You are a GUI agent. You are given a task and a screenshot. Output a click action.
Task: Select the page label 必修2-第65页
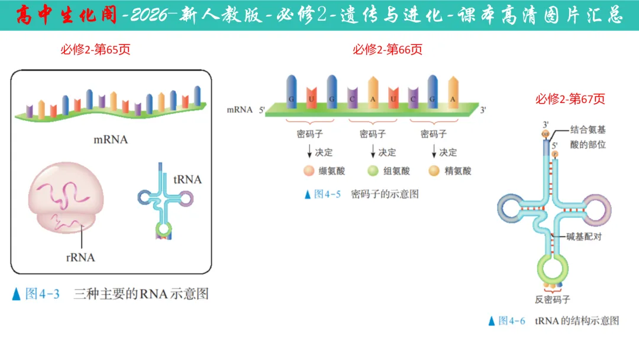[x=95, y=50]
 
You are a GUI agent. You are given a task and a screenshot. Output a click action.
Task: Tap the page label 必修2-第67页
[x=570, y=99]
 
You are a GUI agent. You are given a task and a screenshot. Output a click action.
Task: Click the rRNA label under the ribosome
[x=80, y=258]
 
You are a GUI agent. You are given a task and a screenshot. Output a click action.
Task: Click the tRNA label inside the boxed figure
[x=188, y=179]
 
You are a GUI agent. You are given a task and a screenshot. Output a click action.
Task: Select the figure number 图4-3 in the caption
[x=43, y=294]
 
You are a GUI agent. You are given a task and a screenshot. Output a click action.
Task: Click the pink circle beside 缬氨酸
[x=308, y=171]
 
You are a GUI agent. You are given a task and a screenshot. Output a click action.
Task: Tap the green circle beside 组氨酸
[x=373, y=171]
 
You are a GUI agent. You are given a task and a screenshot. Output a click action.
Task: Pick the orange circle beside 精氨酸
[x=434, y=171]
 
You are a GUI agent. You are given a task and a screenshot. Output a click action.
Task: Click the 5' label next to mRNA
[x=262, y=110]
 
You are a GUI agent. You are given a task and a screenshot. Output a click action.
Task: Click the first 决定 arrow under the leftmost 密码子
[x=309, y=153]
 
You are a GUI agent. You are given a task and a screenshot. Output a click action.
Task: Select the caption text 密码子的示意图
[x=385, y=194]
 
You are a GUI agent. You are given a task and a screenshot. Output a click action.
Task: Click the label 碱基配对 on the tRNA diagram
[x=583, y=237]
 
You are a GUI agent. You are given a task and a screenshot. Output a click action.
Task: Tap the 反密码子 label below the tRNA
[x=553, y=300]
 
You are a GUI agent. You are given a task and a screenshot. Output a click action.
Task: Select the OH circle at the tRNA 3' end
[x=546, y=134]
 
